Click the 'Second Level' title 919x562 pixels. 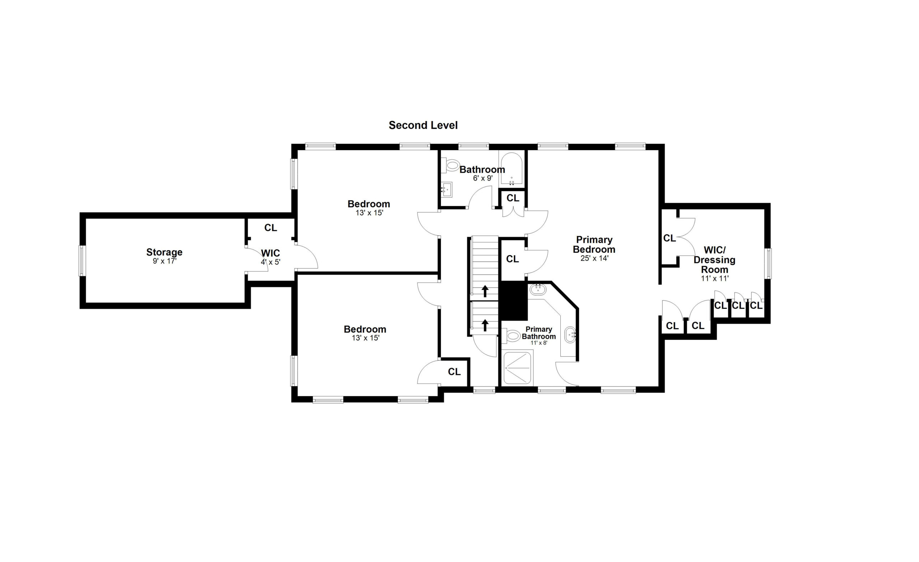click(x=423, y=125)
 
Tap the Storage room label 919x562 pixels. click(x=164, y=252)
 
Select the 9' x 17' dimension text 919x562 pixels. click(x=164, y=261)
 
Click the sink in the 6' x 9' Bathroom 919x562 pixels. click(x=447, y=190)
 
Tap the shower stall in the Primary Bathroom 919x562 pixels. click(x=517, y=368)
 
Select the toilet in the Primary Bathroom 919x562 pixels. click(x=511, y=335)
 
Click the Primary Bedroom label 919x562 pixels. click(x=594, y=245)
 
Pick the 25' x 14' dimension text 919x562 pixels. click(x=594, y=258)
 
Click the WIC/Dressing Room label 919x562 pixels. click(x=714, y=260)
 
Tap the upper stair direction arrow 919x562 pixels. click(x=485, y=291)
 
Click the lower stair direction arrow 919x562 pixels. click(x=485, y=325)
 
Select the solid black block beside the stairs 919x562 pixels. click(x=514, y=301)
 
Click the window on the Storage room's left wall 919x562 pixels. click(x=82, y=260)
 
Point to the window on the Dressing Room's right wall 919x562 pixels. click(x=768, y=264)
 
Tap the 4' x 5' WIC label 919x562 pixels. click(x=270, y=257)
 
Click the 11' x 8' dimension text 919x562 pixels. click(x=539, y=343)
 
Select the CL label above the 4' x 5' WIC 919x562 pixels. click(x=270, y=228)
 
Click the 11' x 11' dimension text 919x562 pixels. click(x=715, y=278)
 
